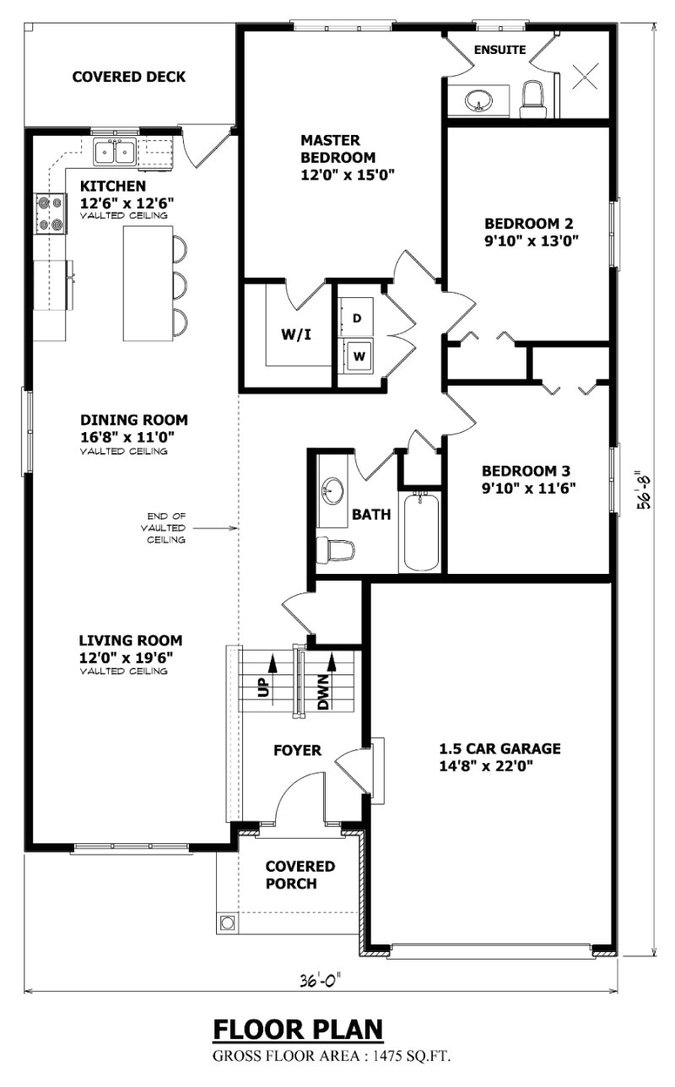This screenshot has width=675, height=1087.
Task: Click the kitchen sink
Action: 115,153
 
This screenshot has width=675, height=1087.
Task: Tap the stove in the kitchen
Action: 48,214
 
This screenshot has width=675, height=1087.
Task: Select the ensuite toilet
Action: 533,99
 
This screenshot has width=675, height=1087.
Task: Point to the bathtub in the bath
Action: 421,532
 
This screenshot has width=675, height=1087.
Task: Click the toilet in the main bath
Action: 335,551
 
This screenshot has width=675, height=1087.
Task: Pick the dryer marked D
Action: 357,318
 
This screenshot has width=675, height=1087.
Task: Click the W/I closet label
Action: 296,334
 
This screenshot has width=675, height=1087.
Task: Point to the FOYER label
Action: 297,749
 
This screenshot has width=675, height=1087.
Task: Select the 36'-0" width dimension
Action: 320,981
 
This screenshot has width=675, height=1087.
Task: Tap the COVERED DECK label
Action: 128,77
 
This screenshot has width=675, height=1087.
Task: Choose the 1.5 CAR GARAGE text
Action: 499,749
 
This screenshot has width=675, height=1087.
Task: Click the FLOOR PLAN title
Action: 298,1030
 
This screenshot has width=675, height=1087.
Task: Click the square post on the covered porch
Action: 227,922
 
